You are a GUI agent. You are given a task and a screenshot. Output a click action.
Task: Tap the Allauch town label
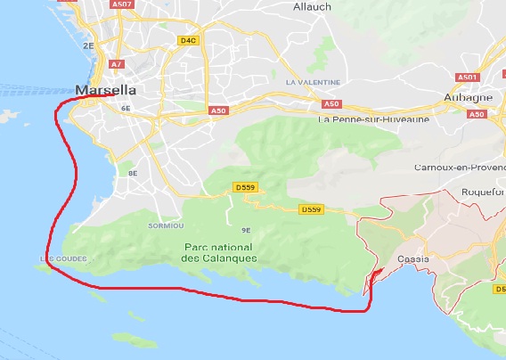point(312,6)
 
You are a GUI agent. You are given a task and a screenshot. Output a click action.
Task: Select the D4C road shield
point(188,40)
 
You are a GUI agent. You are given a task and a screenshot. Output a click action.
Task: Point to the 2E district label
point(88,45)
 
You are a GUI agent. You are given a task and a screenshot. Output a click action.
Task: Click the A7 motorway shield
point(117,64)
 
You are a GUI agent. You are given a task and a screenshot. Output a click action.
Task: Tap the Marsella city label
point(106,90)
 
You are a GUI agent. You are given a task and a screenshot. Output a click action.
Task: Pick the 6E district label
point(126,108)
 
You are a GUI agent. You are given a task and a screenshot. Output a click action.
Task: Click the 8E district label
point(133,173)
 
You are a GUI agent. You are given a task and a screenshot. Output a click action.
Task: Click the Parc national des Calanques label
point(218,252)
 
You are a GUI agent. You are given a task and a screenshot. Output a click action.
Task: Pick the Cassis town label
point(413,258)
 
